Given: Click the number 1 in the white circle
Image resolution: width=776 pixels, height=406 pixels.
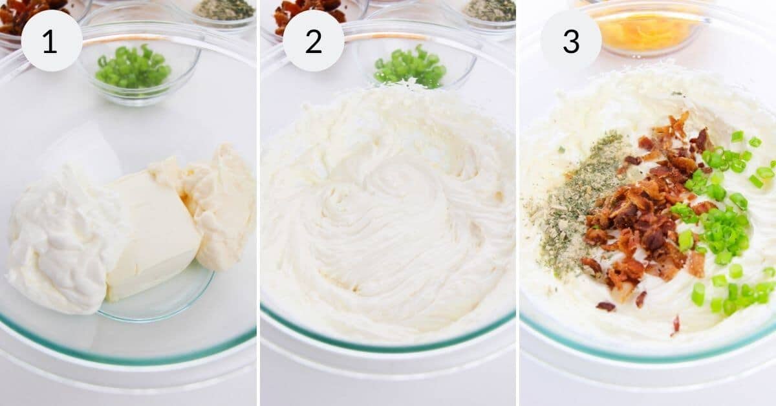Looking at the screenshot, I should point(51,41).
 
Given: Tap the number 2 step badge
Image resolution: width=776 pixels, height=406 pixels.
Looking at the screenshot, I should point(313,41).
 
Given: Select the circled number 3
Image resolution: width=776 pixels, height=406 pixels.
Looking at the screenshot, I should point(570,41).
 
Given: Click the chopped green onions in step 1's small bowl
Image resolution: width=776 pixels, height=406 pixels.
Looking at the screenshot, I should point(133,67).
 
